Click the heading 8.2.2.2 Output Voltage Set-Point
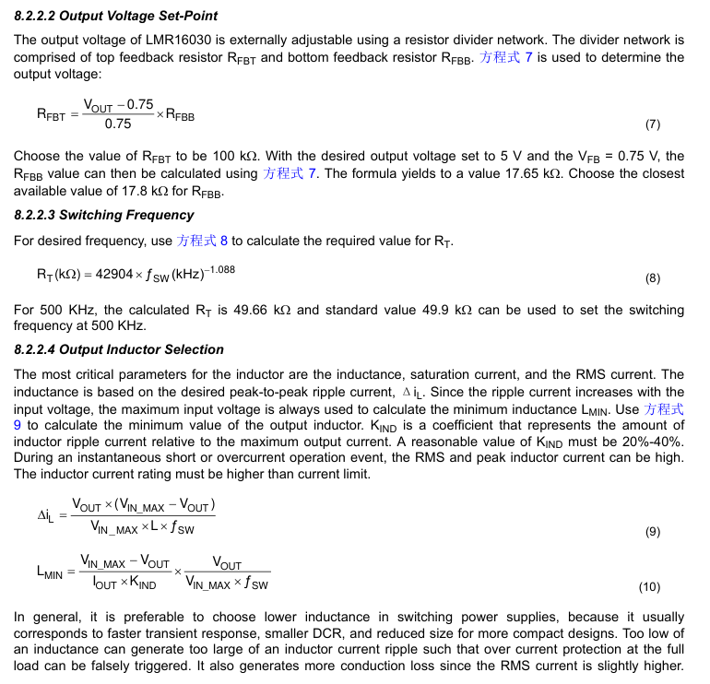pos(116,17)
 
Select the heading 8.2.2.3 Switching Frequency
pos(104,215)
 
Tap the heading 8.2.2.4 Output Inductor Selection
pos(119,349)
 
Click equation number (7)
pos(653,124)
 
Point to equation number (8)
pos(653,278)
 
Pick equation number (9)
pos(653,532)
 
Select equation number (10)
pos(649,587)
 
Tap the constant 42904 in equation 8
pos(108,274)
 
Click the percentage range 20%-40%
pos(652,442)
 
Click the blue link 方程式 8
pos(202,241)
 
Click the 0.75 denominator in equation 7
pos(118,124)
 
